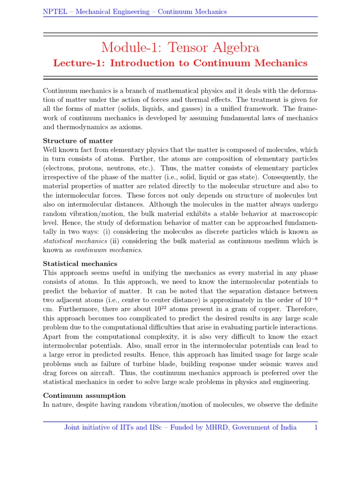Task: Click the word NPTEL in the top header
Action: pyautogui.click(x=53, y=11)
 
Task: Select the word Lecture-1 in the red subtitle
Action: pyautogui.click(x=79, y=63)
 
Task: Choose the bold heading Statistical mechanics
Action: pyautogui.click(x=80, y=264)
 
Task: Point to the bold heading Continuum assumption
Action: pyautogui.click(x=84, y=396)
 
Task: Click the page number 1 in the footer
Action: pyautogui.click(x=316, y=427)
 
